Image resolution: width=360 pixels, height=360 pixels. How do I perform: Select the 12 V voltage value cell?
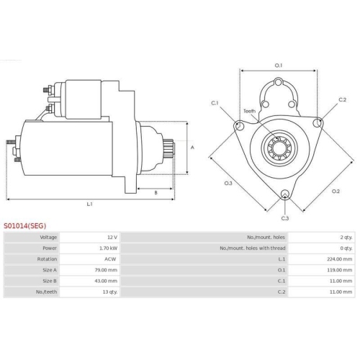pos(110,237)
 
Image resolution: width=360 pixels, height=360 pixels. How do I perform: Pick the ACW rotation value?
pos(110,259)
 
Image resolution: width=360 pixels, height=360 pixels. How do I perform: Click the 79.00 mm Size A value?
pos(106,270)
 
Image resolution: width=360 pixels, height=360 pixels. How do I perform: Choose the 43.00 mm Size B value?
pos(106,282)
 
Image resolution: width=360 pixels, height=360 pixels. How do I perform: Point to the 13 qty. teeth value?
pos(108,292)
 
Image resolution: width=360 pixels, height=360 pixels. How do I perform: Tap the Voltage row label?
pos(49,237)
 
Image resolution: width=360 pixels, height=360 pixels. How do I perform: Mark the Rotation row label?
pos(48,259)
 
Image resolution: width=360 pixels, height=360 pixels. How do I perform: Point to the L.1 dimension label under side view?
pos(89,204)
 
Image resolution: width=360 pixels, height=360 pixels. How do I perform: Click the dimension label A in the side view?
pos(192,147)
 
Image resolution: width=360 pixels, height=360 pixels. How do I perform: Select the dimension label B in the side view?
pos(156,192)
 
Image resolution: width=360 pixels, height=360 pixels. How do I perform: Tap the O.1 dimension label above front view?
pos(278,66)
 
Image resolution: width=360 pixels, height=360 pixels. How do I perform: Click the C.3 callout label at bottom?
pos(285,218)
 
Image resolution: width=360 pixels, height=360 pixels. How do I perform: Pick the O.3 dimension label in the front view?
pos(228,184)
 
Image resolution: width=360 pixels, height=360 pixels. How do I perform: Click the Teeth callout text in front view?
pos(249,111)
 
